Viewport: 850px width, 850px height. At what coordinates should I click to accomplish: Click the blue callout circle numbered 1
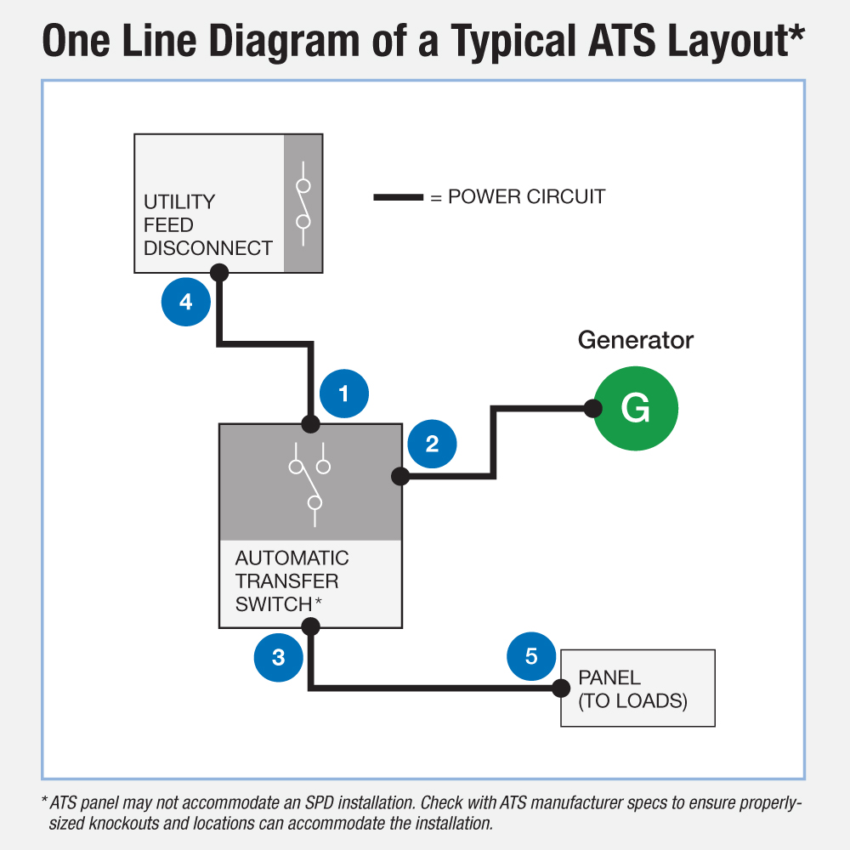point(344,394)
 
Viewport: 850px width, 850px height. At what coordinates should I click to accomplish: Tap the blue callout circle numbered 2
point(433,444)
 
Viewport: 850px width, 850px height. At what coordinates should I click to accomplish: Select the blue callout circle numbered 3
point(279,656)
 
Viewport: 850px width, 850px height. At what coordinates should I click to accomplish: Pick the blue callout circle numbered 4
point(186,302)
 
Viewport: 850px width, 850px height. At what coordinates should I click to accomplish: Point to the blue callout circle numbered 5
point(531,656)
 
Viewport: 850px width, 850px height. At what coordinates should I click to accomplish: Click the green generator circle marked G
point(635,409)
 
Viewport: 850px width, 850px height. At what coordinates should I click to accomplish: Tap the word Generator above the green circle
point(636,341)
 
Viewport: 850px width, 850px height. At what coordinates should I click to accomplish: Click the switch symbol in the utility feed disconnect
point(303,204)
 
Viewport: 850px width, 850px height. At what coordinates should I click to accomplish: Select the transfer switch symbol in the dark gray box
point(310,481)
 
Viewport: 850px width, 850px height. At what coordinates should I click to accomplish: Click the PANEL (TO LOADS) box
point(637,688)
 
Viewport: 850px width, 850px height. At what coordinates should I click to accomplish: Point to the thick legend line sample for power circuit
point(399,197)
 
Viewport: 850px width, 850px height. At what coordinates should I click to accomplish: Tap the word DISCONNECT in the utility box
point(208,248)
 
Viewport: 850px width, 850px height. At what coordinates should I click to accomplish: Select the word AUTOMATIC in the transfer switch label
point(292,558)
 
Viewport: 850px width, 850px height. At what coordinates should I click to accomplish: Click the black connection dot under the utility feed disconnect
point(219,273)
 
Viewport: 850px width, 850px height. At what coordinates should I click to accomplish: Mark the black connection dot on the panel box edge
point(560,688)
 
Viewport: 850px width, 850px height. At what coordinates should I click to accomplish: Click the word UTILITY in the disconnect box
point(179,202)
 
